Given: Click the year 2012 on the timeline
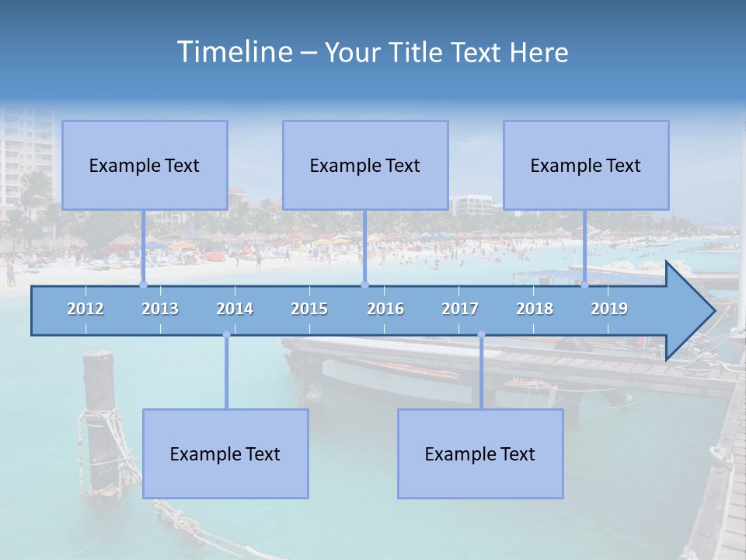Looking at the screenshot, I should click(85, 309).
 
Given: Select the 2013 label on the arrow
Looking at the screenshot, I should click(160, 309).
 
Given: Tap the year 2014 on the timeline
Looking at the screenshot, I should click(235, 309).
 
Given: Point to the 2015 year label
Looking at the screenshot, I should click(309, 309).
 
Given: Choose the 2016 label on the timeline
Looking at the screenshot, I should click(385, 309).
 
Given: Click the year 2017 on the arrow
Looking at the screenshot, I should click(460, 309).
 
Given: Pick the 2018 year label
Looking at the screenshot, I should click(535, 309).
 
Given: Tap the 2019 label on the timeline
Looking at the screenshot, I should click(609, 309).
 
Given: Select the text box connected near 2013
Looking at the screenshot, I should click(145, 165).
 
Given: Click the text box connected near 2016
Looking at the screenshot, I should click(365, 165).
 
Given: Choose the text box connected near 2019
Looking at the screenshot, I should click(586, 165).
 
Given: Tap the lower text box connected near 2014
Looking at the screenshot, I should click(225, 453).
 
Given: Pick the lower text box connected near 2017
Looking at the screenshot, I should click(480, 453).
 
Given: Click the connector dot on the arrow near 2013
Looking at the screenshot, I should click(143, 285).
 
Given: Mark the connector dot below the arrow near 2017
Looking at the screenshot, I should click(481, 334).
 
